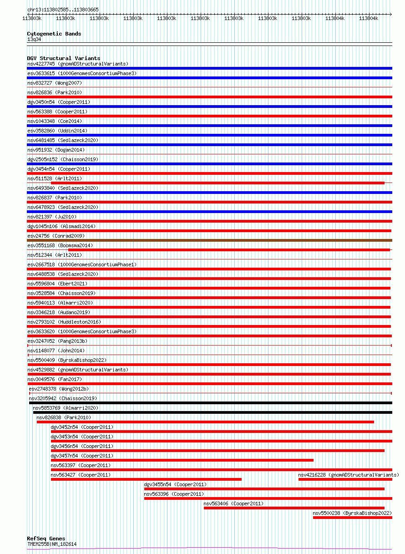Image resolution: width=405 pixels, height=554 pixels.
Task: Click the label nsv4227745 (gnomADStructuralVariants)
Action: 77,64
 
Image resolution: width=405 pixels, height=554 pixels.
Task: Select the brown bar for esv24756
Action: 209,240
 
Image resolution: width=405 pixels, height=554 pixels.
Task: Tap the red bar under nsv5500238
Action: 352,517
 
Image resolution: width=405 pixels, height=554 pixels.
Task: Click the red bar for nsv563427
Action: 146,479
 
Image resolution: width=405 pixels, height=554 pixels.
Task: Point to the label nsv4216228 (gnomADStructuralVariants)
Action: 348,475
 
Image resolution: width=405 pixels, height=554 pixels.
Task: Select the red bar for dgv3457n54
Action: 182,460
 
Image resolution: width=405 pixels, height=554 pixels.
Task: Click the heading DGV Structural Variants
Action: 63,58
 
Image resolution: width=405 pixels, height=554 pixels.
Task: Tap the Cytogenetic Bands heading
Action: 54,34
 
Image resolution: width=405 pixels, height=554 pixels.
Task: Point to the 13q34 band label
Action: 34,39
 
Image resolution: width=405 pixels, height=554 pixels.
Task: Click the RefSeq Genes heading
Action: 46,539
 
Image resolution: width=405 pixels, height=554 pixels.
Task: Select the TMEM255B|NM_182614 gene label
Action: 52,544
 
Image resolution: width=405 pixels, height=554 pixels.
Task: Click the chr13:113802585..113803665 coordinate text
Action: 63,10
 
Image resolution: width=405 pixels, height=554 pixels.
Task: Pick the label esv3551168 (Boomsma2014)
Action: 60,245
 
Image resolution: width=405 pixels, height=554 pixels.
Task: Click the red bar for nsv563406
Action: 294,508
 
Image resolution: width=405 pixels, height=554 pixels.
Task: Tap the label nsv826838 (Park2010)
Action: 64,417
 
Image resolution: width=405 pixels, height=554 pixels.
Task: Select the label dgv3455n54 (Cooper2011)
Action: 175,484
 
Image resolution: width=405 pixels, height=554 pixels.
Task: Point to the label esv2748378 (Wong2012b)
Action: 59,389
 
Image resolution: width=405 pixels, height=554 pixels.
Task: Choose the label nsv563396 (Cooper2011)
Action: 174,494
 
